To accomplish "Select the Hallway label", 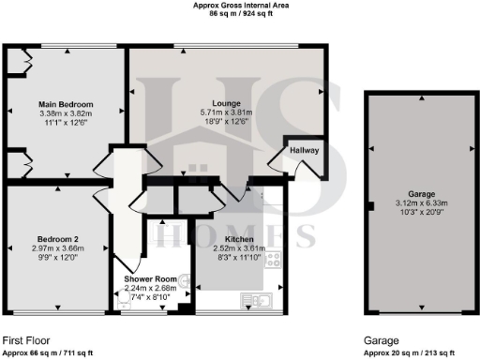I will click(x=305, y=149).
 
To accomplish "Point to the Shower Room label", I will click(x=150, y=279).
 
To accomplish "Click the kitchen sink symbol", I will click(x=256, y=300).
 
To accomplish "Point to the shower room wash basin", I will click(x=185, y=278).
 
